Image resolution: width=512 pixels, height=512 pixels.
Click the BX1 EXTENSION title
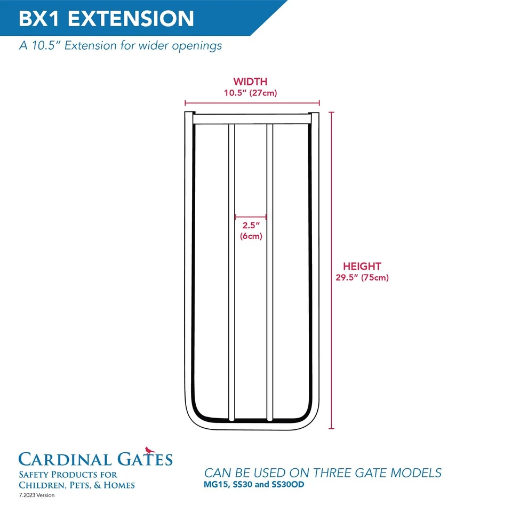107,18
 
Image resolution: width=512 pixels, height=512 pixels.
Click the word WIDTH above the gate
250,82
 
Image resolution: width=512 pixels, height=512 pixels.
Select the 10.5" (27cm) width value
250,93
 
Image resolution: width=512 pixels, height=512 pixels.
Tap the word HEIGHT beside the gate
362,266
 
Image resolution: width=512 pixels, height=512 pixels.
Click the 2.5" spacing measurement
251,226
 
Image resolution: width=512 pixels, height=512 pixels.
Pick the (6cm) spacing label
251,236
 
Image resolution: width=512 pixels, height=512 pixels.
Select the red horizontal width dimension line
252,103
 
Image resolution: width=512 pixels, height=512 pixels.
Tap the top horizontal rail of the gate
252,119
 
